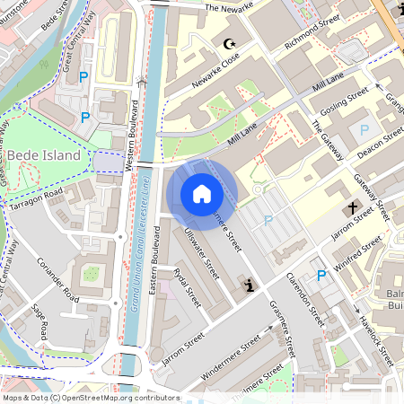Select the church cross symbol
[355, 208]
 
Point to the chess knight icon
[248, 285]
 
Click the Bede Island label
[44, 155]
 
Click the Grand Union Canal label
[138, 278]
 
